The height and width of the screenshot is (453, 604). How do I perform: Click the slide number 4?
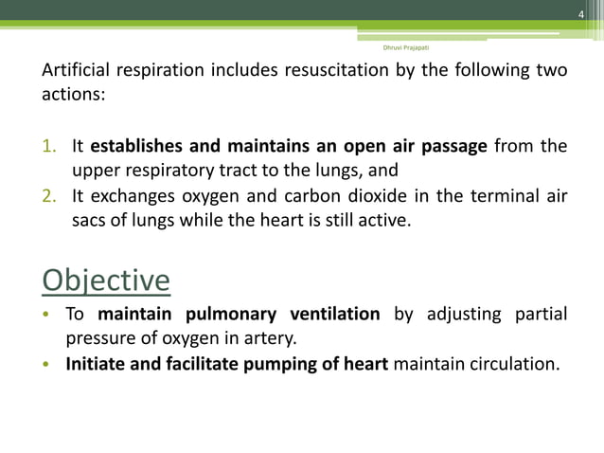[582, 11]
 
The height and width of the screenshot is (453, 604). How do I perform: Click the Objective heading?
[107, 282]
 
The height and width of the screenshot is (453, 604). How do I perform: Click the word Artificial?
[74, 71]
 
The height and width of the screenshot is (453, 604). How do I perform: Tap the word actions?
[72, 97]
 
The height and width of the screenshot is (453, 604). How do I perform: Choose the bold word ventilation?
[335, 315]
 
